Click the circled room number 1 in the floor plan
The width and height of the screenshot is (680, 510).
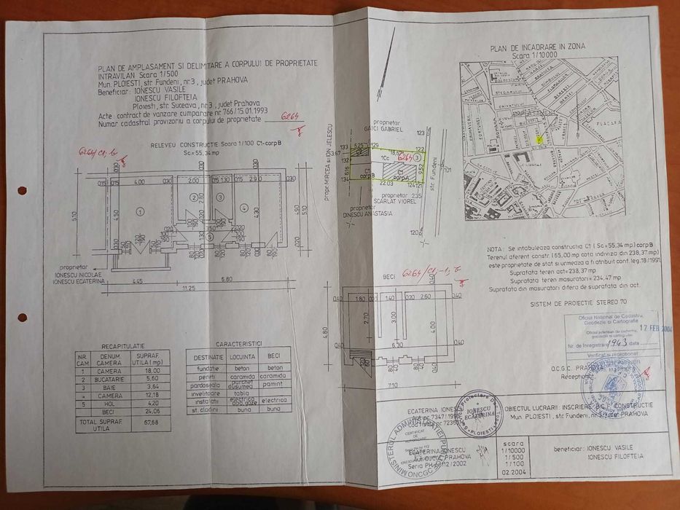pos(140,210)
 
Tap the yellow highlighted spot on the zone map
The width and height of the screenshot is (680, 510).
pos(539,138)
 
